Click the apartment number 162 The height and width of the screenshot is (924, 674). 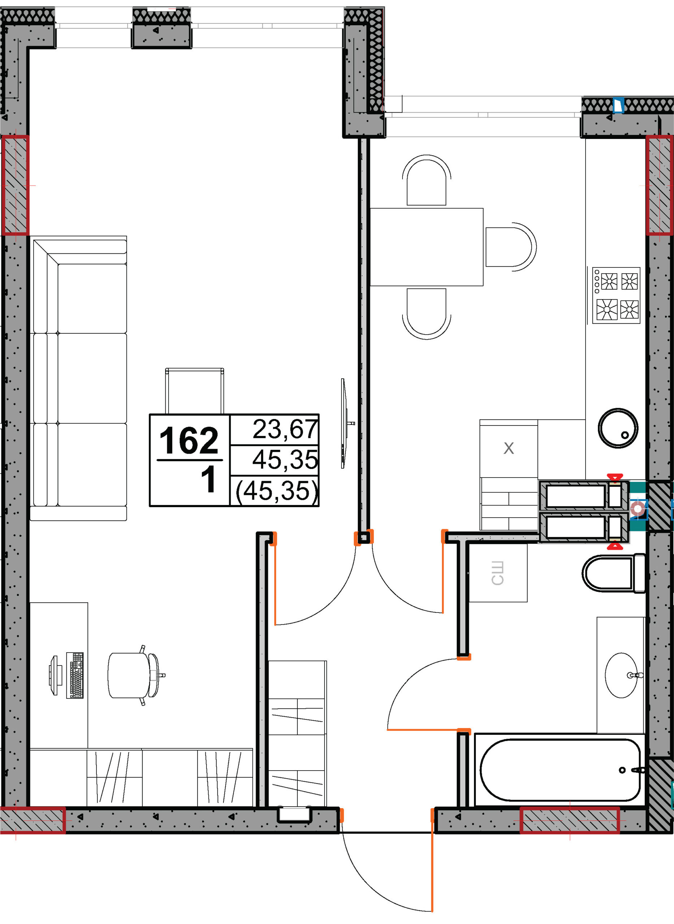[x=189, y=441]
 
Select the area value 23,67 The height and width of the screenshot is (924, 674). [x=285, y=430]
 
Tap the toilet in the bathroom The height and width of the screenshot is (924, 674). [x=614, y=573]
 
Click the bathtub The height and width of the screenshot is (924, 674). [x=560, y=770]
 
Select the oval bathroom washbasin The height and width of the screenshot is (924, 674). [x=621, y=675]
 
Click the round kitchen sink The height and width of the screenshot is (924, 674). [x=618, y=428]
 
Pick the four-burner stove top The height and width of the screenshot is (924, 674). [x=616, y=295]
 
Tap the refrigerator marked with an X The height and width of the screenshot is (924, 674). [x=509, y=448]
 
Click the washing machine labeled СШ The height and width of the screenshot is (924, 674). [x=498, y=573]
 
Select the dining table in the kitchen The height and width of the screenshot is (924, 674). [x=426, y=247]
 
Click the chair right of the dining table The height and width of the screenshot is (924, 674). [x=511, y=247]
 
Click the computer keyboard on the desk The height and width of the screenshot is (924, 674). [x=75, y=675]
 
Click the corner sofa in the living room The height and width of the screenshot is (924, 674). [x=79, y=378]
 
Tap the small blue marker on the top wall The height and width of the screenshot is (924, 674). [x=619, y=105]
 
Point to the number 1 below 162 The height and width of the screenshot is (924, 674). [x=209, y=479]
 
